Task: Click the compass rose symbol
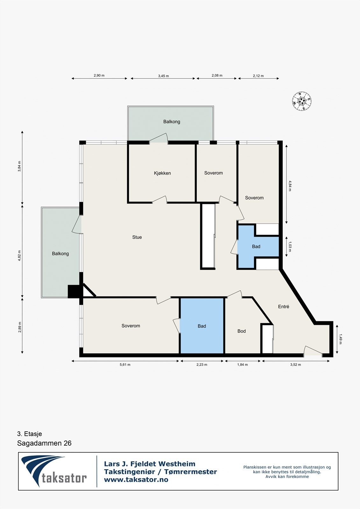click(301, 101)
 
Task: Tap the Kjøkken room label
click(162, 173)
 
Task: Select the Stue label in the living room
click(137, 237)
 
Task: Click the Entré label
click(284, 307)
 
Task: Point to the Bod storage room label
click(242, 331)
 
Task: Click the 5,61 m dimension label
click(125, 365)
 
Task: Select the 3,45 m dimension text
click(164, 76)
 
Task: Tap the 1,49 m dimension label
click(340, 339)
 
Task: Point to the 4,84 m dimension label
click(290, 186)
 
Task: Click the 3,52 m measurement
click(295, 365)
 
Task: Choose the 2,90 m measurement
click(99, 75)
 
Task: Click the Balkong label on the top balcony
click(172, 122)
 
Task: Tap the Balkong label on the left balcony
click(60, 254)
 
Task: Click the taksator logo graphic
click(54, 471)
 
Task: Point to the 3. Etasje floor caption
click(30, 434)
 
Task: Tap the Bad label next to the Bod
click(202, 326)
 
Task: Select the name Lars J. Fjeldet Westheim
click(150, 464)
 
